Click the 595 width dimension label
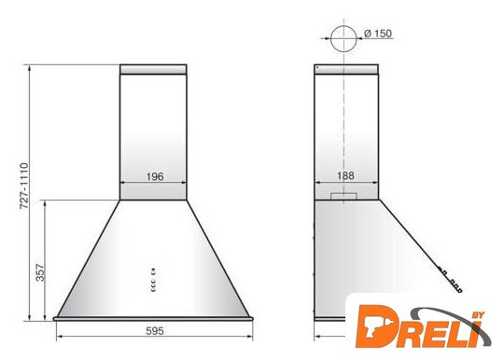(155, 330)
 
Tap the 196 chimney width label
(155, 176)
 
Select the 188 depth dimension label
(346, 175)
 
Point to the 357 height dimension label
(40, 272)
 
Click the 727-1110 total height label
(24, 187)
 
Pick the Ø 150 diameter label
(378, 34)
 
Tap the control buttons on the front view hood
(153, 280)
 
